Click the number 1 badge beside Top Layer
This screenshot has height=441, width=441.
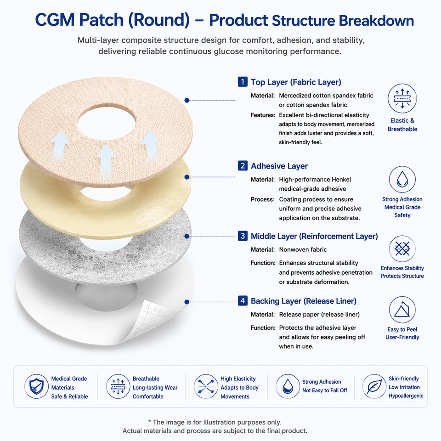click(243, 82)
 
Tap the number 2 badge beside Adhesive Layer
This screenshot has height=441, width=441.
click(243, 166)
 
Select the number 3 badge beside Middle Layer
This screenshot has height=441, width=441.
click(243, 236)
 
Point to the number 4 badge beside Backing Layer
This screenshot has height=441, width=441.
click(243, 300)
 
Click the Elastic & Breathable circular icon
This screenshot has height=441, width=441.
click(402, 98)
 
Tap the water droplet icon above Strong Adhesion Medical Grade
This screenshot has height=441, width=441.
click(402, 180)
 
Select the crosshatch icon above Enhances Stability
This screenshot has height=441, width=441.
click(402, 249)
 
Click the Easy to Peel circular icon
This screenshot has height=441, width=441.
click(402, 310)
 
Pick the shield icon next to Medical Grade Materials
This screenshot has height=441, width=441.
click(37, 386)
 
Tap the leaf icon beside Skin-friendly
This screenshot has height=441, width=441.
click(374, 386)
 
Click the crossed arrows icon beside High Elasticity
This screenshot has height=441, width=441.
click(206, 386)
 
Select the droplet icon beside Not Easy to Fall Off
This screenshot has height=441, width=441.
click(288, 386)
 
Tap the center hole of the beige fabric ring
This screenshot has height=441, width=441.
click(106, 123)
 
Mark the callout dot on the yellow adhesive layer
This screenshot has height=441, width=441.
click(187, 177)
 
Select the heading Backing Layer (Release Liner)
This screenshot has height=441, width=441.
click(304, 301)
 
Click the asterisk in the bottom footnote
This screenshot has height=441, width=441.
click(150, 422)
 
